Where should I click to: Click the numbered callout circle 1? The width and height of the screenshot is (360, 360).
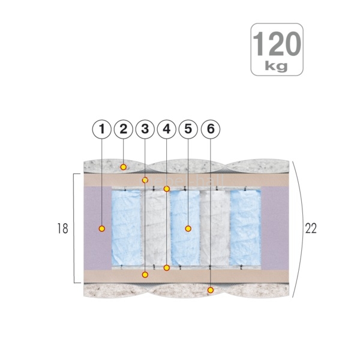[102, 129]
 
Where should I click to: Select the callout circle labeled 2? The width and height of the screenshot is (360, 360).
[124, 129]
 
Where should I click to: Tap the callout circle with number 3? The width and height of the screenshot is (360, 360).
[145, 129]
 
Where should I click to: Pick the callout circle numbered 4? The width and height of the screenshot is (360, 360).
[167, 129]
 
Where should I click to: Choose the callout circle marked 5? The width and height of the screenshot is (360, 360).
[188, 129]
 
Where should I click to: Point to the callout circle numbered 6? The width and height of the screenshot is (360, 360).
[211, 129]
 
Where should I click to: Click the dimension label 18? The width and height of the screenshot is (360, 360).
[62, 229]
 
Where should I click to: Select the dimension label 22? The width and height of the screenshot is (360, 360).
[311, 228]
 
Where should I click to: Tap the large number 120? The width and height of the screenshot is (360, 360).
[277, 44]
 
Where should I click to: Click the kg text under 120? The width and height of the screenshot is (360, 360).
[277, 66]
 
